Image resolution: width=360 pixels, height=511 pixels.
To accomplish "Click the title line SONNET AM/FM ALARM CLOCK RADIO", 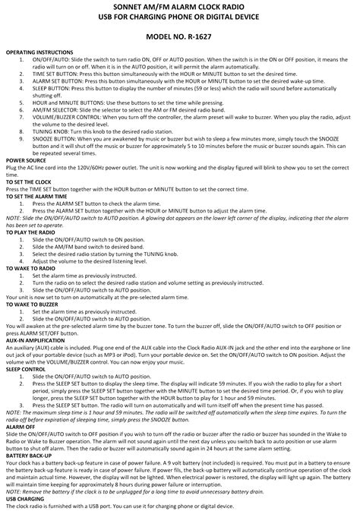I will coord(180,7).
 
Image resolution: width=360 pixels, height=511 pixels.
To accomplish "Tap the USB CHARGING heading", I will coord(25,499).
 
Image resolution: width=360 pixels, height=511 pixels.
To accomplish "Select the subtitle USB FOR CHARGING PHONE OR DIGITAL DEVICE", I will coord(180,18).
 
